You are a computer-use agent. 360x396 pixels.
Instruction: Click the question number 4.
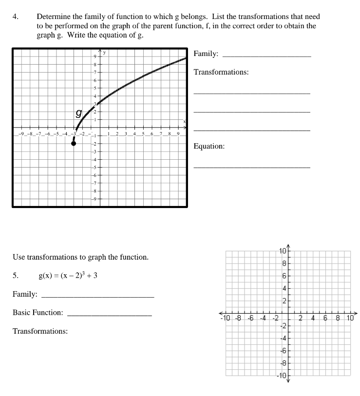[16, 17]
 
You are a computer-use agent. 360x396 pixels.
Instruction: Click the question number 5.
[16, 276]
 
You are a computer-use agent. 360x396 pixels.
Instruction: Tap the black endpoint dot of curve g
[74, 144]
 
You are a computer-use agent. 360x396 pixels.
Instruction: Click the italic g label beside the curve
[78, 113]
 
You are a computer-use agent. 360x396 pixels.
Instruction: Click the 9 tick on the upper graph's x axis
[178, 134]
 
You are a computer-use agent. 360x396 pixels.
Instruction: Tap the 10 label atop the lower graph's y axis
[284, 251]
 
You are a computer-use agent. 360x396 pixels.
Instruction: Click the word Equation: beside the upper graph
[209, 146]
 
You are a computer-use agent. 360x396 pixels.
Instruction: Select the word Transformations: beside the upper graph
[221, 72]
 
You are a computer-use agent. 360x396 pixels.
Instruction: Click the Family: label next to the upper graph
[206, 54]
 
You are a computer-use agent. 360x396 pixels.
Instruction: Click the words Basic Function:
[38, 312]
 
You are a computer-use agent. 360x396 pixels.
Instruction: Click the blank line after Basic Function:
[110, 316]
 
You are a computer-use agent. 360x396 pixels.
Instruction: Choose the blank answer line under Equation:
[251, 168]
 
